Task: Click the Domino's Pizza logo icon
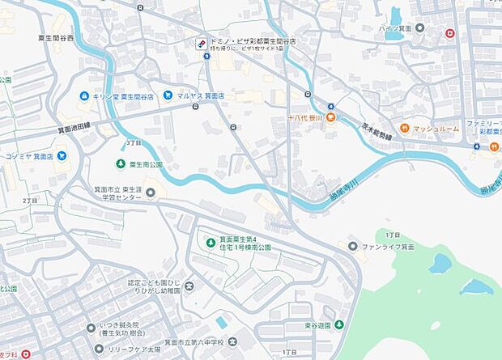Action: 201,44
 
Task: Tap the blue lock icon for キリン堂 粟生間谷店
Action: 83,95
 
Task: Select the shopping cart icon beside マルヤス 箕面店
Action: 168,95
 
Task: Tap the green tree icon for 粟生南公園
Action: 121,163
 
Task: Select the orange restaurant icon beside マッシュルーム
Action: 405,129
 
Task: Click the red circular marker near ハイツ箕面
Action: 449,33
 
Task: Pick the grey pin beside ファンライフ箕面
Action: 353,246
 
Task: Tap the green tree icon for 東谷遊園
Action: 339,324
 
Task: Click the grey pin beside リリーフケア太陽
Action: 99,349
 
